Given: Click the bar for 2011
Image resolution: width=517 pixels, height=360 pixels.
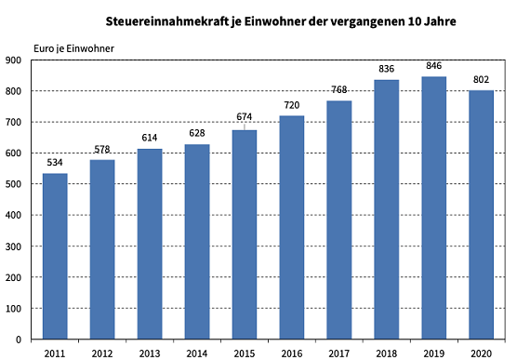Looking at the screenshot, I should click(55, 256).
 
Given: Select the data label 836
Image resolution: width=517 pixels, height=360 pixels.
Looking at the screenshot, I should click(387, 70).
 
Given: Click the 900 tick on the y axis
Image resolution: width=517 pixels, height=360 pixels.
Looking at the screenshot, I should click(16, 60).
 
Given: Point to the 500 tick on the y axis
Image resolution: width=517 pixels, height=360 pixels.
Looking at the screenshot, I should click(16, 184).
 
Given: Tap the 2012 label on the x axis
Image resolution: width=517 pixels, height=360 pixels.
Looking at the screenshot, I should click(102, 352).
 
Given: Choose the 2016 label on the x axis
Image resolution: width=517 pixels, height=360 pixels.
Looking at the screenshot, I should click(292, 352).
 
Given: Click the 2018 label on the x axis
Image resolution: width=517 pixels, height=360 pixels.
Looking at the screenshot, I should click(387, 352).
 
